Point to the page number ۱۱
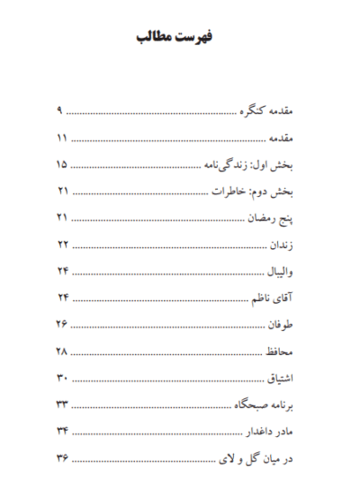tap(61, 140)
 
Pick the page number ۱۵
tap(61, 166)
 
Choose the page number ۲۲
tap(61, 245)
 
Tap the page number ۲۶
tap(61, 322)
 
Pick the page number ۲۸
tap(61, 348)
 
